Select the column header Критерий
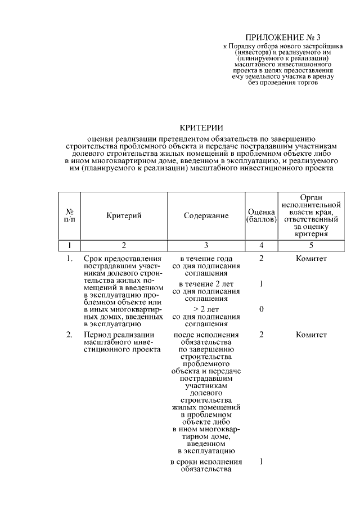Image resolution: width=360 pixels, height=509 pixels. tap(124, 216)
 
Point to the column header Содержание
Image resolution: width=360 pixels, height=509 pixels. tap(206, 216)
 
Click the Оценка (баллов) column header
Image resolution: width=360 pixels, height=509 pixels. tap(262, 216)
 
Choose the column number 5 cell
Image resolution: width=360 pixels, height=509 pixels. tap(310, 245)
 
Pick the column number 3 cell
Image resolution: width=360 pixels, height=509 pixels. tap(206, 245)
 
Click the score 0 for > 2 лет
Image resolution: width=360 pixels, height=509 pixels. tap(262, 309)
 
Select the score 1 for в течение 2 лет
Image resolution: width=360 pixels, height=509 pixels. tap(262, 284)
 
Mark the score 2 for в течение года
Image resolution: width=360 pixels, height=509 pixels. tap(262, 258)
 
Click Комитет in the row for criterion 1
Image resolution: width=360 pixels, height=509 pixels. tap(310, 258)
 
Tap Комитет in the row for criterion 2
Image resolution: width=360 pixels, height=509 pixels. tap(310, 335)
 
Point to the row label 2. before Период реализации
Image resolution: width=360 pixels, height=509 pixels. tap(69, 335)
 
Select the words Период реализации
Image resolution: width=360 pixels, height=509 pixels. tap(113, 335)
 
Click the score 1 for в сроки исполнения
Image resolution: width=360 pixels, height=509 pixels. tap(262, 462)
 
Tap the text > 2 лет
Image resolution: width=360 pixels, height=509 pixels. tap(206, 309)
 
